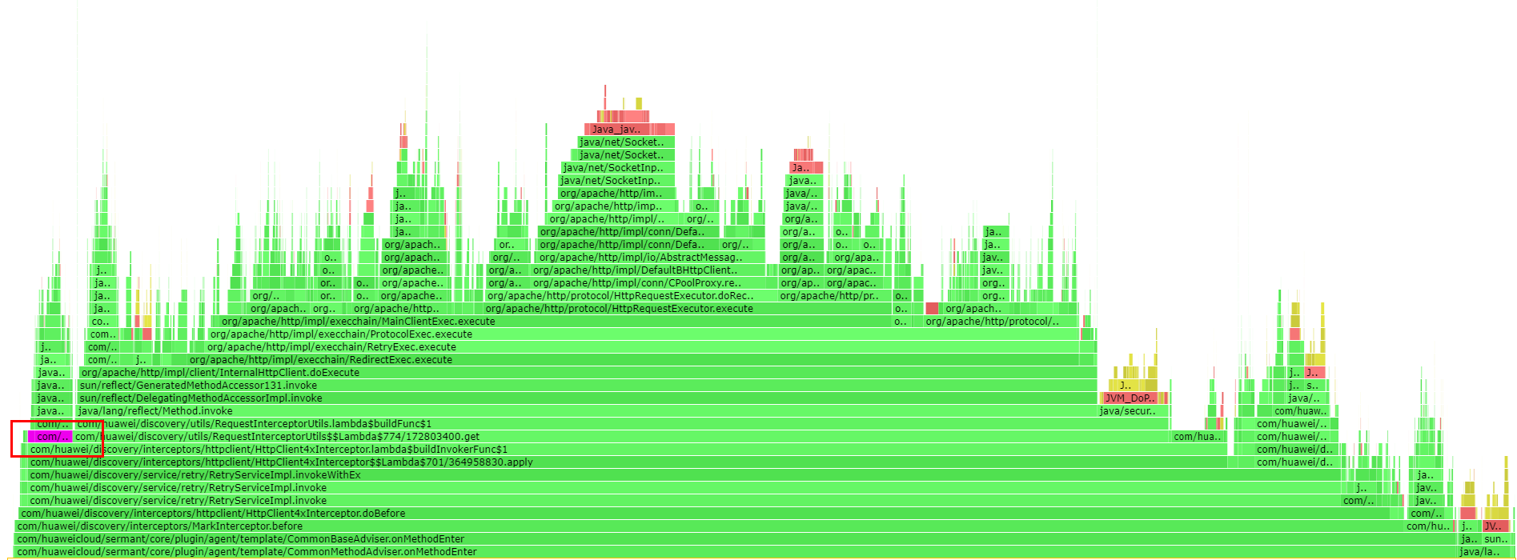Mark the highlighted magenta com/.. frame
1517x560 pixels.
50,437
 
